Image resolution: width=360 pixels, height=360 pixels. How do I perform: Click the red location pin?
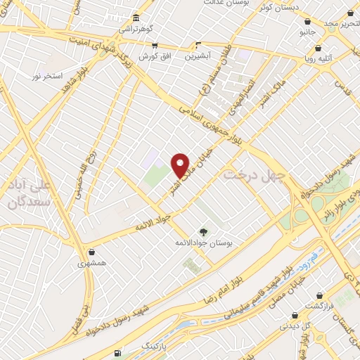pyautogui.click(x=181, y=165)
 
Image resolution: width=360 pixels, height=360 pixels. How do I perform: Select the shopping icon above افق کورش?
pyautogui.click(x=155, y=44)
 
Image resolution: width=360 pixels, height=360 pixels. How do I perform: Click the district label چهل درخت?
pyautogui.click(x=249, y=174)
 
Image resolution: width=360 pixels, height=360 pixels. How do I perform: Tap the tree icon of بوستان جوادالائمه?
pyautogui.click(x=204, y=231)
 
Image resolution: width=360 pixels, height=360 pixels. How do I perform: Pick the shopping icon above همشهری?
pyautogui.click(x=91, y=251)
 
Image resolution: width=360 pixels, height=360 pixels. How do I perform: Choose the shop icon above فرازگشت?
pyautogui.click(x=321, y=295)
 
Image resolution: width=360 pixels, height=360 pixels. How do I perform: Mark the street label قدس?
pyautogui.click(x=342, y=88)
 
